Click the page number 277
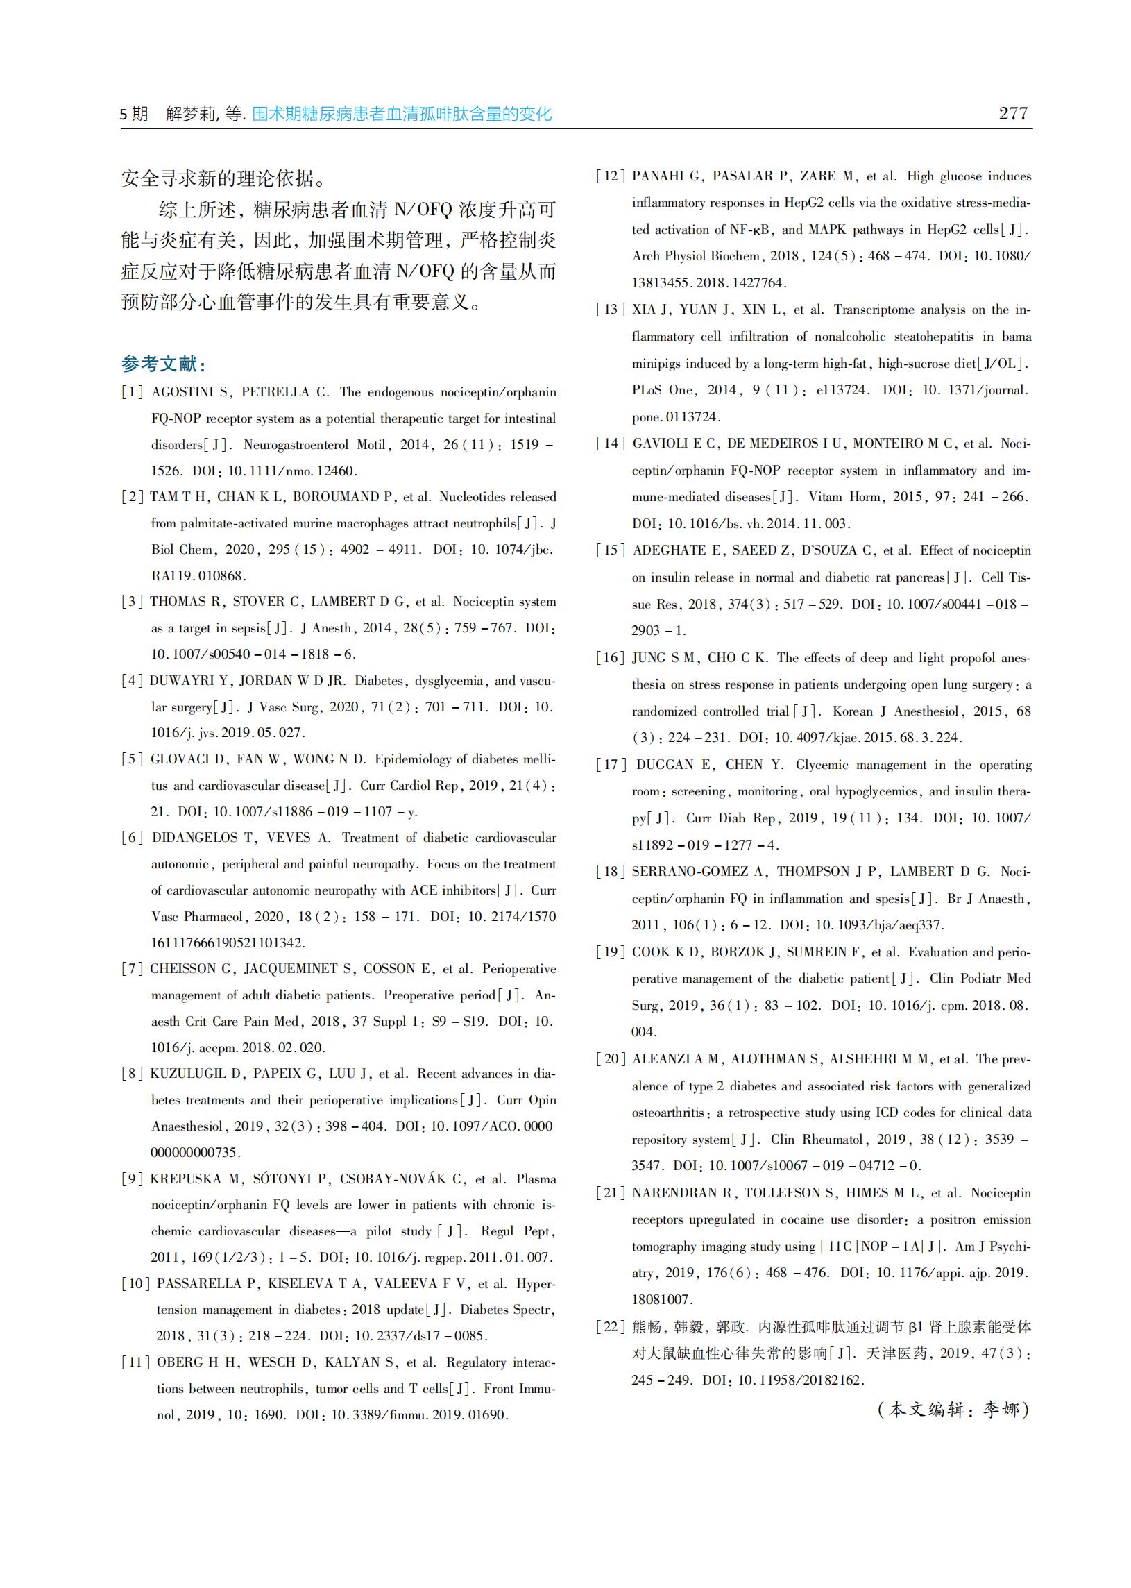[1012, 114]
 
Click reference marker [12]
[611, 176]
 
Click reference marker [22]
[611, 1327]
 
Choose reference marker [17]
[611, 765]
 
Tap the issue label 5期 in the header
[134, 114]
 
